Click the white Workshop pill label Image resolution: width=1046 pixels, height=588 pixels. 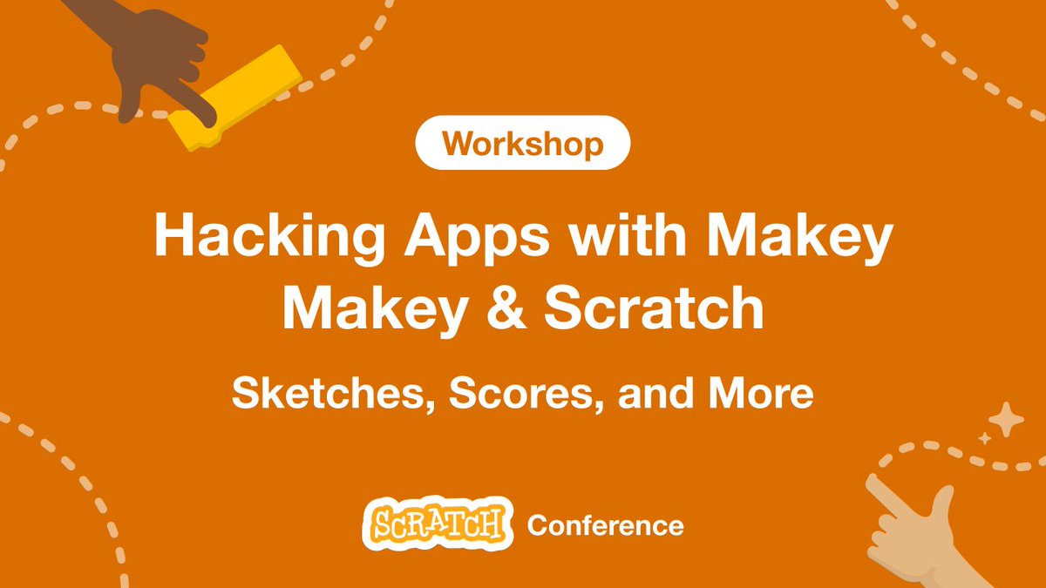pos(522,143)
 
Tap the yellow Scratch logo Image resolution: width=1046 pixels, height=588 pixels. pos(437,524)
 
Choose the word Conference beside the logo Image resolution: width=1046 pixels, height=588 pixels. pos(605,525)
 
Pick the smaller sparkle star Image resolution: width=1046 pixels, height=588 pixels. pos(985,439)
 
